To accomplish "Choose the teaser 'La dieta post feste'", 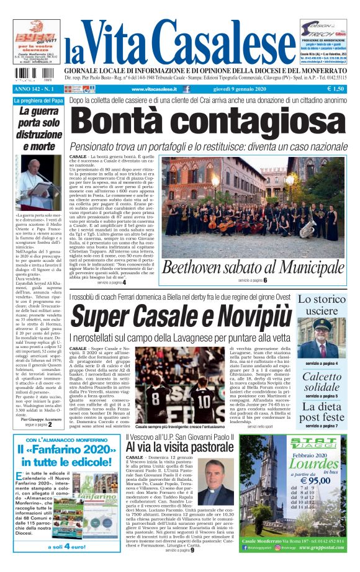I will click(321, 412).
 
